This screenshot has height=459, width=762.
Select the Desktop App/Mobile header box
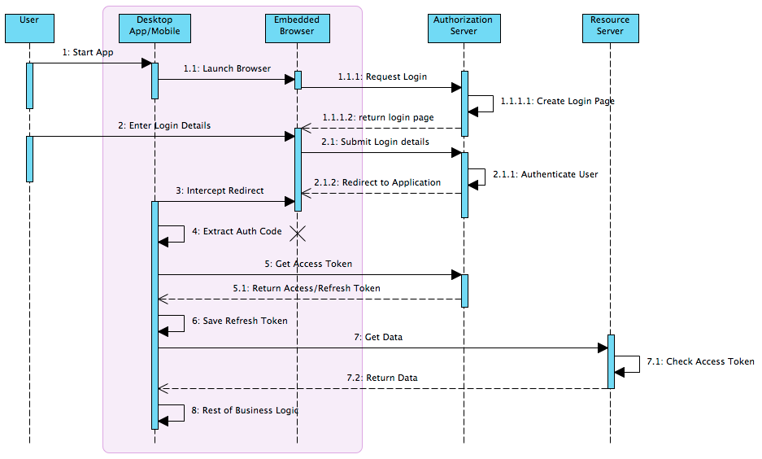[155, 26]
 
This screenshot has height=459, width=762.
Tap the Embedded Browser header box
[298, 26]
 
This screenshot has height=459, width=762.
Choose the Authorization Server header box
[463, 26]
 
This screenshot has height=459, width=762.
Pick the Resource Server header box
[609, 26]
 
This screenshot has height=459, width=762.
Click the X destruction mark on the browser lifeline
[298, 234]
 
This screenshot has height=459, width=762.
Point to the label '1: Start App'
[88, 52]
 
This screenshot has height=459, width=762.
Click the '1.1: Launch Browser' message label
[227, 68]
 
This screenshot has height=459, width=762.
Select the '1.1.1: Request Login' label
[383, 76]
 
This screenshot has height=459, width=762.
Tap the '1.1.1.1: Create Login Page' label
[557, 102]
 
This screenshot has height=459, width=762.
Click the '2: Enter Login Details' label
[164, 125]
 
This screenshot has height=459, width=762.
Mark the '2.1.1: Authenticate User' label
[545, 174]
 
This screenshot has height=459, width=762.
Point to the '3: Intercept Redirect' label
[220, 190]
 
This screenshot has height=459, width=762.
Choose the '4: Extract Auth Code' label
[237, 231]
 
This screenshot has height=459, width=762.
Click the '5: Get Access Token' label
[308, 264]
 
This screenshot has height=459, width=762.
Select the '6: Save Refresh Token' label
[240, 321]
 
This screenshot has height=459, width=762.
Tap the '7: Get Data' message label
[378, 337]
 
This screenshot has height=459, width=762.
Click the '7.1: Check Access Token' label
[700, 361]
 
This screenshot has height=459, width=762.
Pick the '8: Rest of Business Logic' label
[244, 410]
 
